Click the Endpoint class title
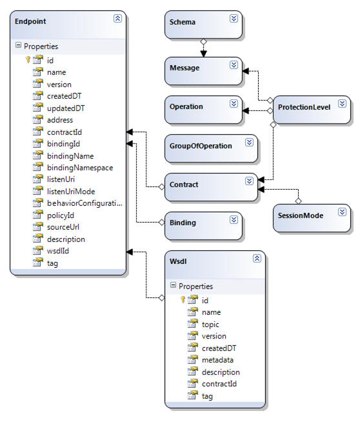30,22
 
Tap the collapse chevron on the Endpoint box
117,18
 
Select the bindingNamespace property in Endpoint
80,168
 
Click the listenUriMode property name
71,192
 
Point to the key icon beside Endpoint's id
28,59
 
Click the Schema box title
183,22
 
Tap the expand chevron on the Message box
234,65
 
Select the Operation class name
186,106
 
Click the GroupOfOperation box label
201,146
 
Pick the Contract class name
184,185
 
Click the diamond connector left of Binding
162,222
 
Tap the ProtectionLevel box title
305,107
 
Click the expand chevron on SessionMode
342,212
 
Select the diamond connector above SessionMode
299,201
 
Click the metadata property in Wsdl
217,360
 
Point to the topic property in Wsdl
210,324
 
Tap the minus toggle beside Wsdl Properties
173,285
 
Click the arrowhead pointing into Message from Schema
203,54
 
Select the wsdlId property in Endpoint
58,251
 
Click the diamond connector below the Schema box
203,42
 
